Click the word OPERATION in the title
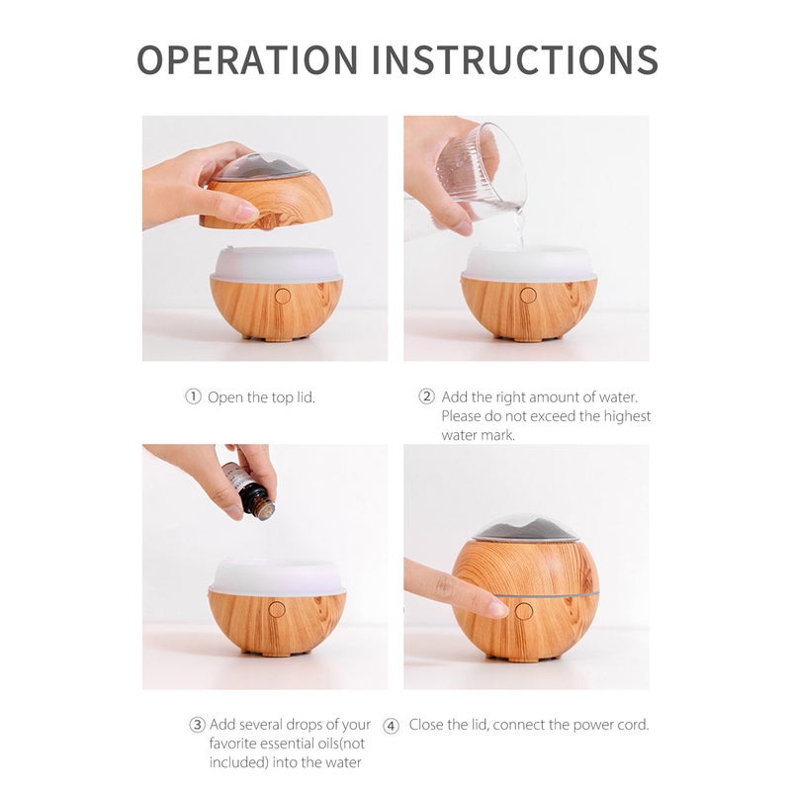[x=248, y=59]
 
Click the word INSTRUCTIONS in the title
[x=515, y=59]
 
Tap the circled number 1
[x=193, y=397]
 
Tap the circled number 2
[x=427, y=396]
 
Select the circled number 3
[x=197, y=725]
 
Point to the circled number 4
[x=391, y=726]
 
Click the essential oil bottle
[x=248, y=490]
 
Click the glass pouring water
[x=480, y=171]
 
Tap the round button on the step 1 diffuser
[x=283, y=296]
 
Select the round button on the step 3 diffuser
[x=277, y=609]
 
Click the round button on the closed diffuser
[x=524, y=611]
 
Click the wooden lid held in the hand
[x=266, y=202]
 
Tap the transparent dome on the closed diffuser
[x=525, y=529]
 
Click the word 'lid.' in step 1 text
[x=306, y=397]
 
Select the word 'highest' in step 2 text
[x=627, y=416]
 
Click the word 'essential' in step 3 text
[x=287, y=744]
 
